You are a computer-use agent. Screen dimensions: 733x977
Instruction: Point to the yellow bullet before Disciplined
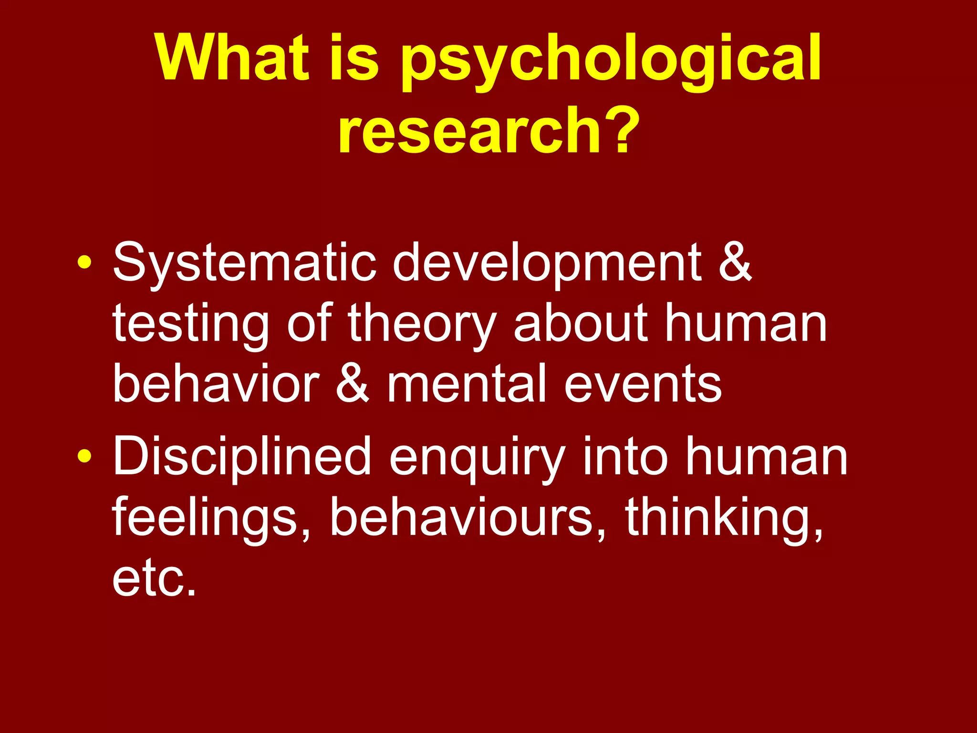click(x=84, y=456)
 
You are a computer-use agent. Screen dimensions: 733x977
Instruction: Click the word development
click(x=547, y=263)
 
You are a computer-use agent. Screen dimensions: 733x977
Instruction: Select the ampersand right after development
click(x=735, y=262)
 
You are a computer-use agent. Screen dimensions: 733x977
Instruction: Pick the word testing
click(x=191, y=325)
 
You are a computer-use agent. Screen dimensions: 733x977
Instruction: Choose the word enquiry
click(x=478, y=458)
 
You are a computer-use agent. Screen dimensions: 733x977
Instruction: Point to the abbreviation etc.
click(x=154, y=578)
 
